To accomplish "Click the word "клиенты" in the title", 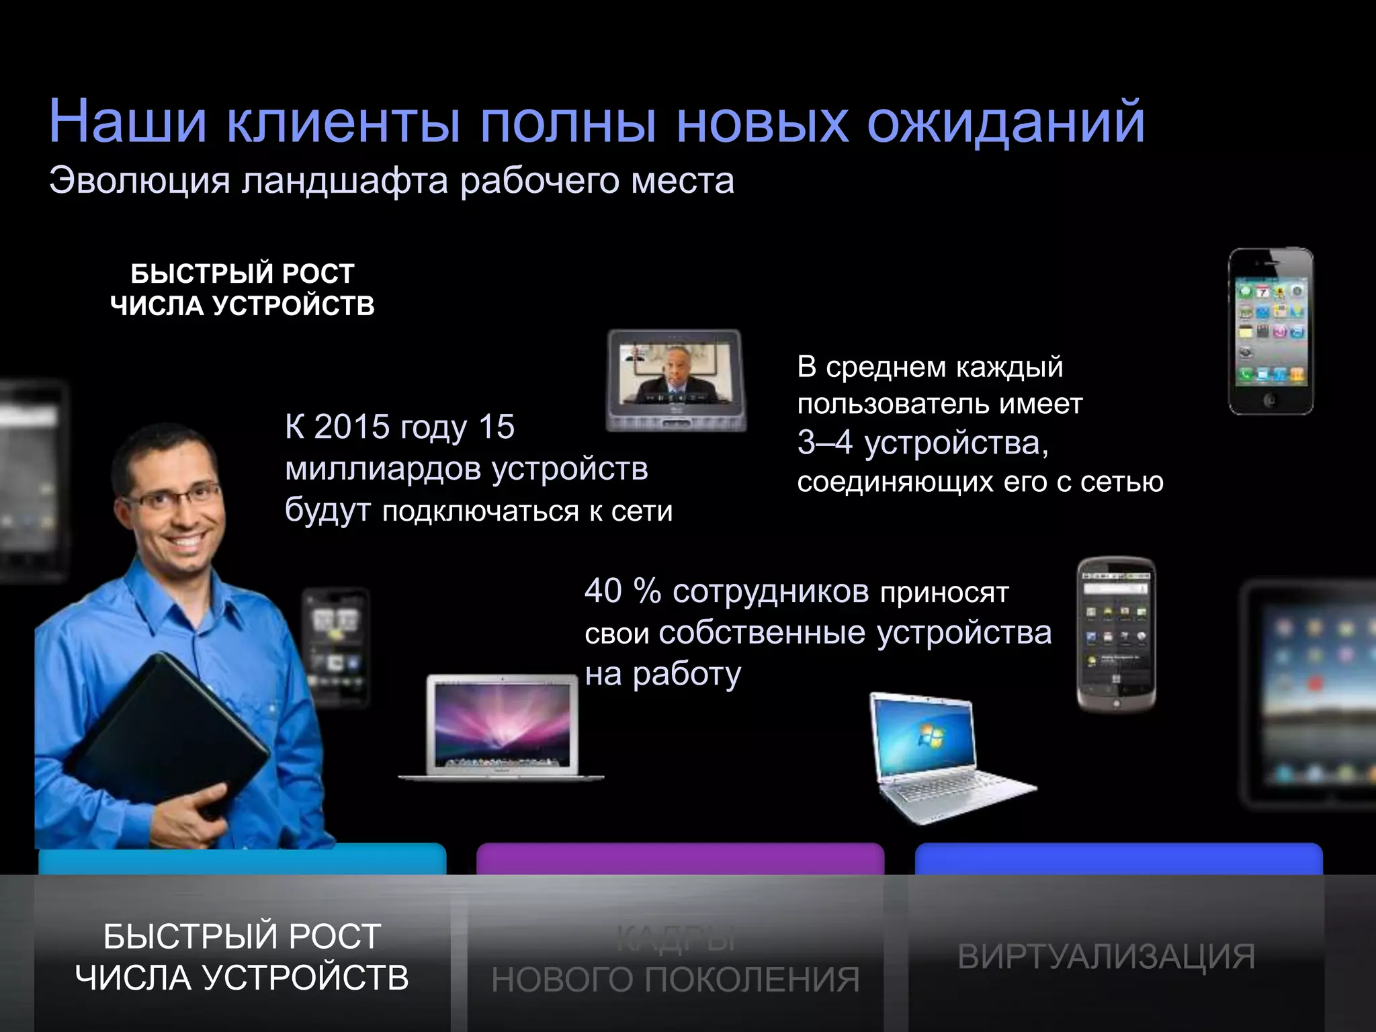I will pyautogui.click(x=343, y=122).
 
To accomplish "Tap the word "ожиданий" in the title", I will pyautogui.click(x=1006, y=122).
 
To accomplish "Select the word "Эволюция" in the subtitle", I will pyautogui.click(x=139, y=181).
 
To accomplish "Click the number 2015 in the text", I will pyautogui.click(x=352, y=427).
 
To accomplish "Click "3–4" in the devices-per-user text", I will pyautogui.click(x=825, y=443).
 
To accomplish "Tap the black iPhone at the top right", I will pyautogui.click(x=1271, y=331).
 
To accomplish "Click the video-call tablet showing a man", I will pyautogui.click(x=676, y=380).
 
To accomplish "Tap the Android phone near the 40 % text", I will pyautogui.click(x=1116, y=633).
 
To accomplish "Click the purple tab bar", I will pyautogui.click(x=680, y=859).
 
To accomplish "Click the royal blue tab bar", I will pyautogui.click(x=1119, y=859).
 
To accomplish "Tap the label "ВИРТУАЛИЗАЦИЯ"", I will pyautogui.click(x=1106, y=957).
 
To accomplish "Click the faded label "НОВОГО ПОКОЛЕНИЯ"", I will pyautogui.click(x=675, y=980).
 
